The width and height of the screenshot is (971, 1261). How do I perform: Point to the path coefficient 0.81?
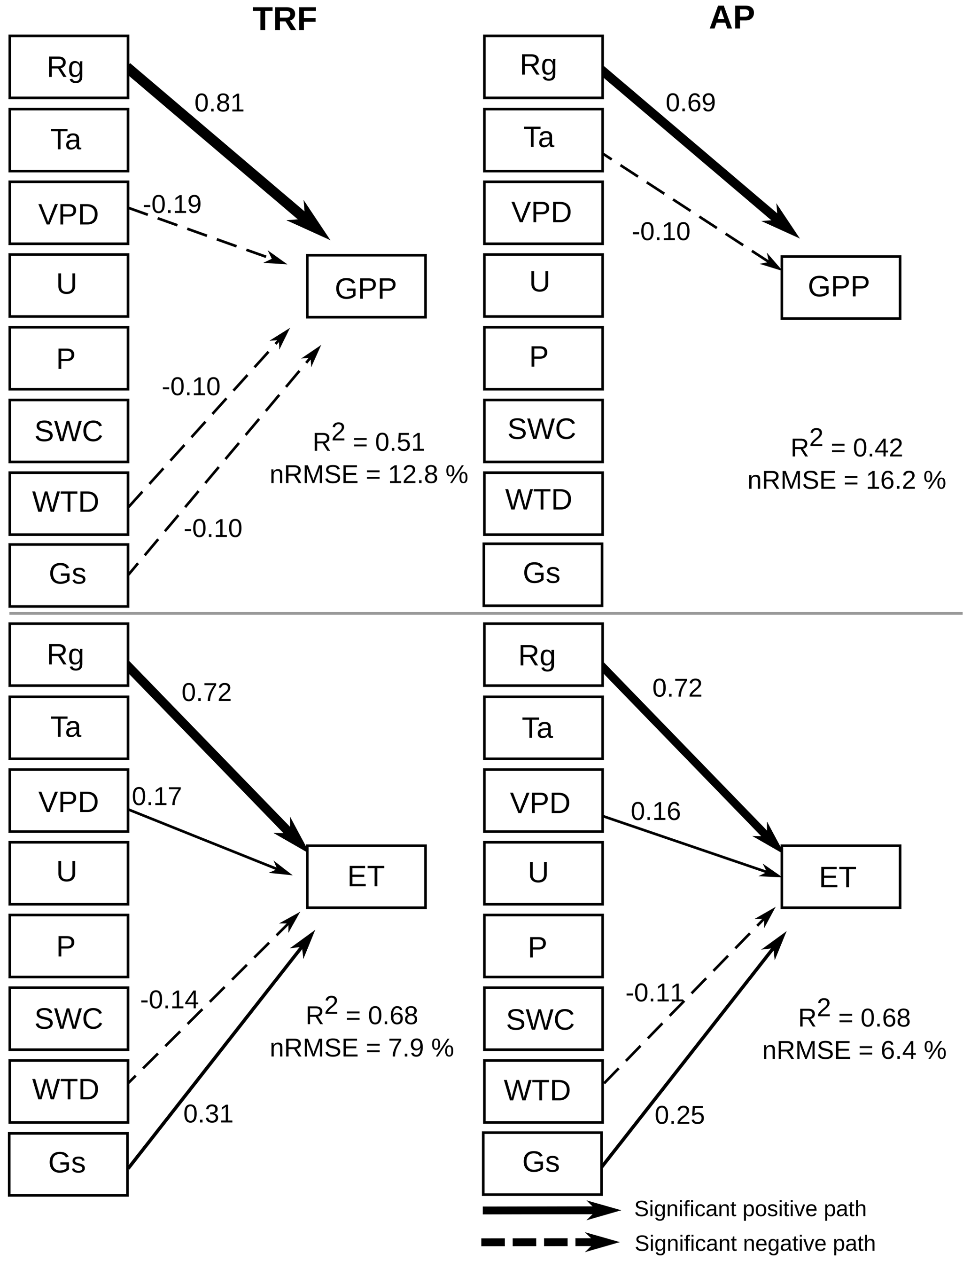point(219,103)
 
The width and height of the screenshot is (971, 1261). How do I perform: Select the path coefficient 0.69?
point(690,103)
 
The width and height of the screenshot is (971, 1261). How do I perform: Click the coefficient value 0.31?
point(208,1114)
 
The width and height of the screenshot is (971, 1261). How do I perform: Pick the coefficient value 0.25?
point(679,1115)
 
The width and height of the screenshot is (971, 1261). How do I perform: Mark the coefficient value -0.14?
point(169,1000)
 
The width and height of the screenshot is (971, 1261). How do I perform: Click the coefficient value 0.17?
point(156,797)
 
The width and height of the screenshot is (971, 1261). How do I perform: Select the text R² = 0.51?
point(369,441)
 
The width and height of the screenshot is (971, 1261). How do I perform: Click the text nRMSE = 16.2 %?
point(847,481)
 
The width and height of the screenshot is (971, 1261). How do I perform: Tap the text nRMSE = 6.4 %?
point(854,1050)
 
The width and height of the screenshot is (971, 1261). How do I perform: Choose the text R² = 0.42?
point(847,446)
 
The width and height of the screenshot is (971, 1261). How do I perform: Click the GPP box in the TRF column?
point(366,286)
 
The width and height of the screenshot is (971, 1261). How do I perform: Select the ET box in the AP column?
point(840,876)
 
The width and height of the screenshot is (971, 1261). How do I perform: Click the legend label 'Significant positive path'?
point(750,1209)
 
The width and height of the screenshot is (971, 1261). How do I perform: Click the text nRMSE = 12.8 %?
point(369,474)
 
